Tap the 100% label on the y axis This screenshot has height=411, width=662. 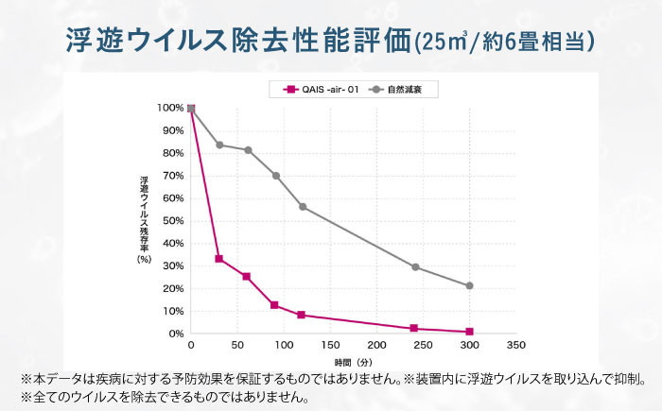coord(171,109)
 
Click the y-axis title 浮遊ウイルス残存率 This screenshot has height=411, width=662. coord(144,217)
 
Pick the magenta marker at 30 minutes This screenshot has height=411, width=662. coord(219,259)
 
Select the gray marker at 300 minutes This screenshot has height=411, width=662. coord(469,285)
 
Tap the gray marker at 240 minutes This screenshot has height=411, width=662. coord(414,267)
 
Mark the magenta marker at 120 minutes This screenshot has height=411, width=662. coord(302,315)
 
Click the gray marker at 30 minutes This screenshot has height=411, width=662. coord(219,145)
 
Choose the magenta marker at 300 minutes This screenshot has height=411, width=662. coord(469,332)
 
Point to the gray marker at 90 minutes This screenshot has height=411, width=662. coord(275,176)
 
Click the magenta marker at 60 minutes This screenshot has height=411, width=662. coord(247,277)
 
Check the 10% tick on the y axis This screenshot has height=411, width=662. coord(173,311)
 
